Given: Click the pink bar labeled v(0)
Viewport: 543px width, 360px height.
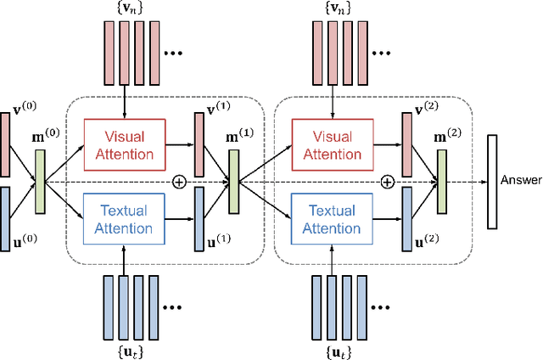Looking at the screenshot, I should (7, 138).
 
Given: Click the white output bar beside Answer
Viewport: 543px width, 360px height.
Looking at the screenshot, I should (491, 181).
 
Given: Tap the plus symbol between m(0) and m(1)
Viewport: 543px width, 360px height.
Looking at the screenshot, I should (179, 181).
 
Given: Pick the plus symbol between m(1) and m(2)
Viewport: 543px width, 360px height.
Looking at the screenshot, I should (387, 181).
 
